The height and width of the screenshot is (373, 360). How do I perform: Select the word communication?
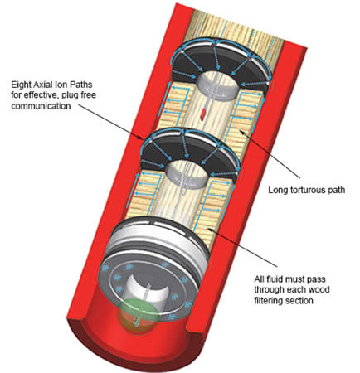41,106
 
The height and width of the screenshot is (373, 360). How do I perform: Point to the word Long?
278,191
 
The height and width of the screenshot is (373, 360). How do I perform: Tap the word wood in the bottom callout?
320,289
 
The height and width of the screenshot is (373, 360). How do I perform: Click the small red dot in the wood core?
203,113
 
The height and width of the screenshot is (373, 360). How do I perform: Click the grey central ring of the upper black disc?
218,82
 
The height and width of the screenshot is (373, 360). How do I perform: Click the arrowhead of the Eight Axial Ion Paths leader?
142,137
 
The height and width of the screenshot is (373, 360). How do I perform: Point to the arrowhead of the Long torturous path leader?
241,131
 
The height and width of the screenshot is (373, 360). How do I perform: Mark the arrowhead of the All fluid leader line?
209,228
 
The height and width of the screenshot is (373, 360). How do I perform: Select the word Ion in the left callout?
61,84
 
